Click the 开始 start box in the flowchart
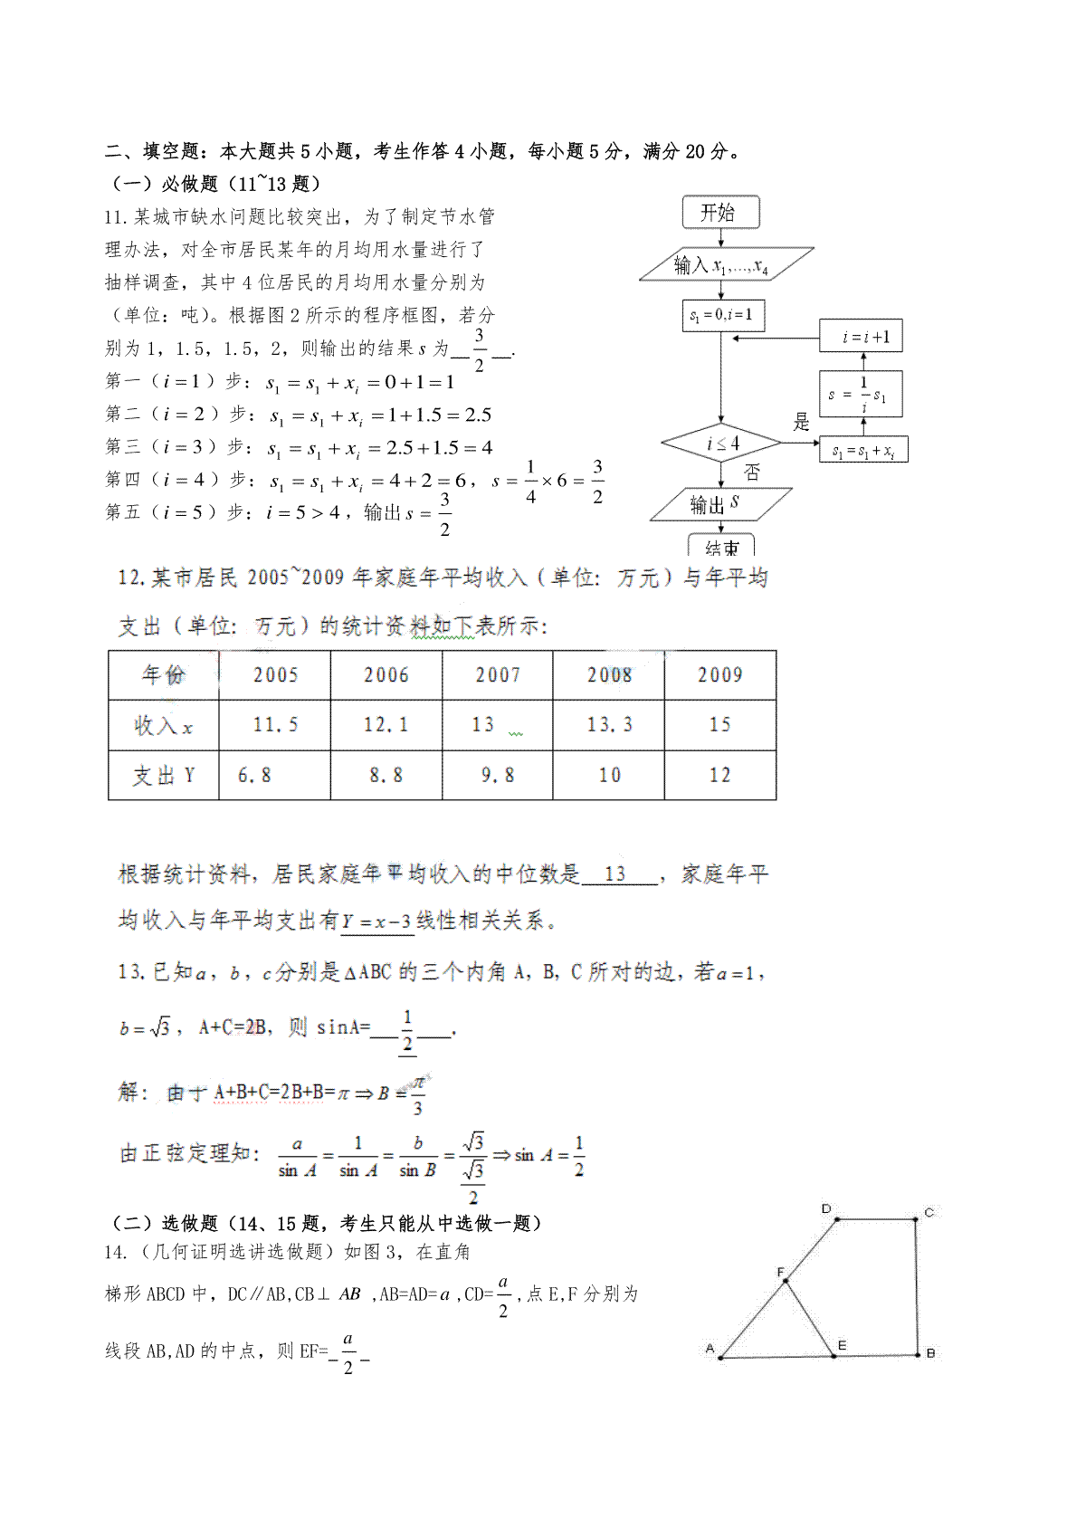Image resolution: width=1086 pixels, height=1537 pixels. [720, 213]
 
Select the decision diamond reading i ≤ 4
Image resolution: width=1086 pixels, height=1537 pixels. [721, 444]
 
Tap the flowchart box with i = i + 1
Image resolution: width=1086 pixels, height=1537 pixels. [861, 337]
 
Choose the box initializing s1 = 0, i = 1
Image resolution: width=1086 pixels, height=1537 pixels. [721, 315]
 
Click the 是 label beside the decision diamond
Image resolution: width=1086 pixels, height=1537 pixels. [801, 422]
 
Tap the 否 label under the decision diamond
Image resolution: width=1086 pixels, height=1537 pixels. [752, 473]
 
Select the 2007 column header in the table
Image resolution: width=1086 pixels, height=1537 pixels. [497, 675]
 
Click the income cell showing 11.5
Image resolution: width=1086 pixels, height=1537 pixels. [275, 725]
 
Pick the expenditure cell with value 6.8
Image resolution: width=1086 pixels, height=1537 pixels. [254, 776]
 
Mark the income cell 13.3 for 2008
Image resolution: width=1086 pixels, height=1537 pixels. [609, 725]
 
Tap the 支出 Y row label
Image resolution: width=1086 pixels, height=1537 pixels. [164, 776]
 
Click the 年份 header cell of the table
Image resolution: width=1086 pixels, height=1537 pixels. [164, 675]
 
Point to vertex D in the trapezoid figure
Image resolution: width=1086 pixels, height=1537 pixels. [826, 1209]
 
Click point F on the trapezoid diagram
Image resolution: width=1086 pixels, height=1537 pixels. [781, 1273]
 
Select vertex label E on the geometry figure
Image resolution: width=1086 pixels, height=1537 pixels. [842, 1345]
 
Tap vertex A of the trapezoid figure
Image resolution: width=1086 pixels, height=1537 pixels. [710, 1349]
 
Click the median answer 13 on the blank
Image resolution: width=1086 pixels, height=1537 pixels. [615, 874]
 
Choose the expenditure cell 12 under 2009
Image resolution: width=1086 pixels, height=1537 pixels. [719, 776]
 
